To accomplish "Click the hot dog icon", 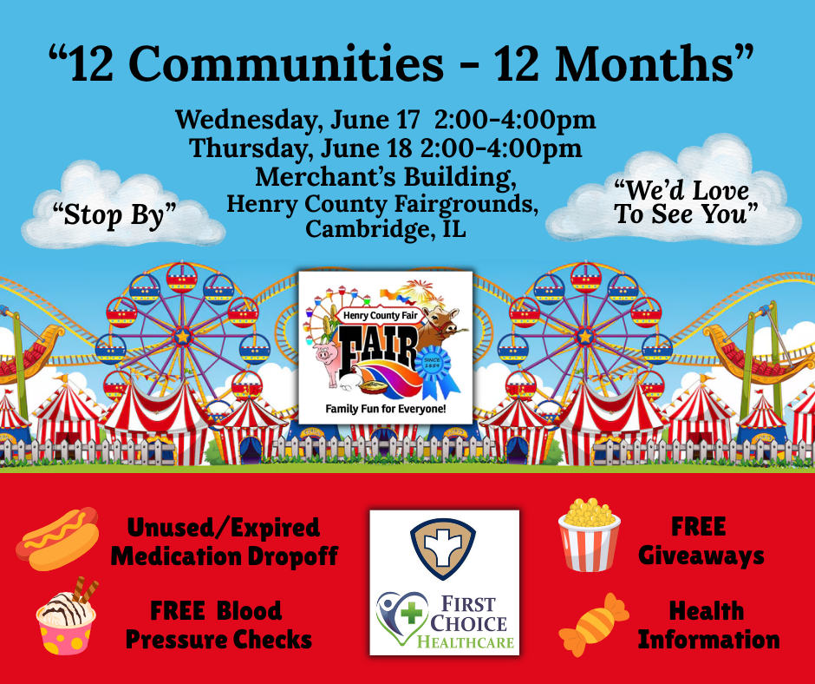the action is tap(57, 538).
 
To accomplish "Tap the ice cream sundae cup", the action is tap(67, 617).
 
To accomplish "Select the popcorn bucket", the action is tap(590, 535).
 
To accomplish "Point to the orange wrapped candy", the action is tap(594, 625).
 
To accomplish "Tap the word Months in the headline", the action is tap(643, 63).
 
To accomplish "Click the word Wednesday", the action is tap(245, 121).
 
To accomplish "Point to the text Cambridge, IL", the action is tap(385, 229).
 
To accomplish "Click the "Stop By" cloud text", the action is tap(114, 214).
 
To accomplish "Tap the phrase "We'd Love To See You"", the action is tap(686, 202).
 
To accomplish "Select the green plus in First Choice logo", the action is tap(412, 613).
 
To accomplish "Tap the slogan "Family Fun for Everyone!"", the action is tap(385, 409).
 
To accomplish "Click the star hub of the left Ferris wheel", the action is tap(182, 337).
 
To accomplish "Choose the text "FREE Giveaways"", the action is tap(701, 542).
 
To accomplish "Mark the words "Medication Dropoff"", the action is tap(225, 556).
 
